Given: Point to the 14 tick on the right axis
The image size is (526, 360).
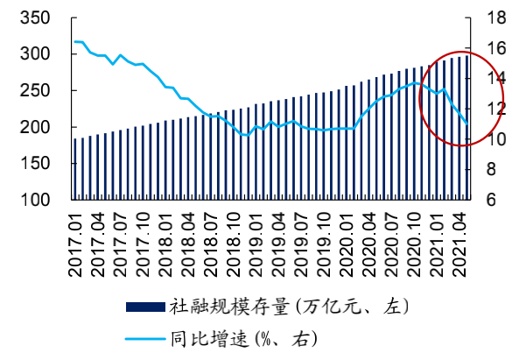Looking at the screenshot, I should (495, 79).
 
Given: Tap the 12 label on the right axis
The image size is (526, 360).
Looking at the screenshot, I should (495, 109).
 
